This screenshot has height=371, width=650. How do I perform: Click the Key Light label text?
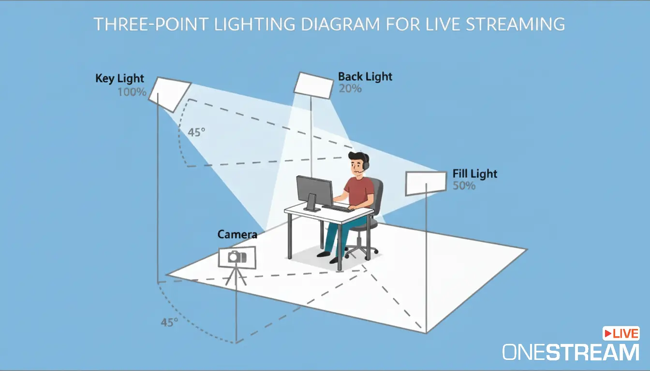tap(119, 78)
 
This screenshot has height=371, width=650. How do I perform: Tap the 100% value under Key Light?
tap(132, 91)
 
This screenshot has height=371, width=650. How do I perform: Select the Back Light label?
tap(365, 76)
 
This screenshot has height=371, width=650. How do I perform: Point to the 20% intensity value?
tap(350, 88)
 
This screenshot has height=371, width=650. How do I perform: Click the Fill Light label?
tap(474, 173)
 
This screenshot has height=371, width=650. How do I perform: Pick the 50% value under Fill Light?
tap(464, 185)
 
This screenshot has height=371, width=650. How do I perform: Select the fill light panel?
tap(425, 183)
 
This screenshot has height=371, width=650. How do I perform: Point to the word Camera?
tap(237, 235)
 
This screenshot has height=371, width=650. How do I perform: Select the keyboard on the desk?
tap(337, 208)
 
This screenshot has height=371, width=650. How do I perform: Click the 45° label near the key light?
tap(196, 132)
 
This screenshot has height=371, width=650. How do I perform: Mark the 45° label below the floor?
tap(170, 322)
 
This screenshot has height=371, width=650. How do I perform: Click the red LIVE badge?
tap(621, 333)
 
